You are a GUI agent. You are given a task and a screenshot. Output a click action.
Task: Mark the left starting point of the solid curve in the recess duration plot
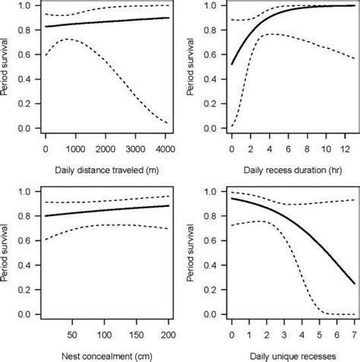point(232,65)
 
